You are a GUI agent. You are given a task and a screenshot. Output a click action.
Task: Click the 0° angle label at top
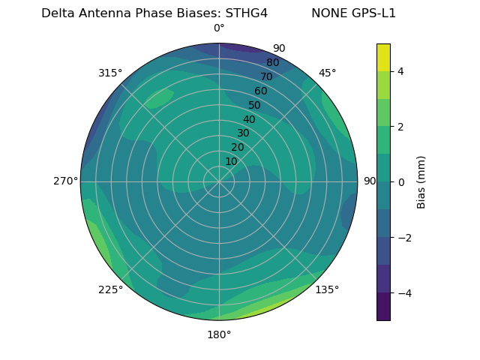point(219,28)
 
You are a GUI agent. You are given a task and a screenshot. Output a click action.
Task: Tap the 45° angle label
point(327,73)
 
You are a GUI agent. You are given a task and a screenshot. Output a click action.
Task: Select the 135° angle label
point(327,289)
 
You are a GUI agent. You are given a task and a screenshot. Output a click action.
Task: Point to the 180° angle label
point(219,334)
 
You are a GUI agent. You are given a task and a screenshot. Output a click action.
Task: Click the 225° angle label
point(110,289)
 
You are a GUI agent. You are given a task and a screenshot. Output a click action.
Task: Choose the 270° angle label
point(65,181)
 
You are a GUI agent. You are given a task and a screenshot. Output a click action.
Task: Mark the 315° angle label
point(110,73)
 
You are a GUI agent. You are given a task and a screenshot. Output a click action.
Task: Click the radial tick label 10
point(231,161)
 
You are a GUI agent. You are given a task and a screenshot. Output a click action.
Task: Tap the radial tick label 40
point(249,119)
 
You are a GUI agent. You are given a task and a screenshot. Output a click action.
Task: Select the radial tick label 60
point(261,91)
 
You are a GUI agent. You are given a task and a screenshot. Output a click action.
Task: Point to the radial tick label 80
point(273,63)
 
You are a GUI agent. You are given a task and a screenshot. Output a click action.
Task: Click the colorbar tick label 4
point(400,71)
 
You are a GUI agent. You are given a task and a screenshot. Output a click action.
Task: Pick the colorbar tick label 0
point(400,181)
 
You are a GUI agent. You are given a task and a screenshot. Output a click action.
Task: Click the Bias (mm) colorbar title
point(421,181)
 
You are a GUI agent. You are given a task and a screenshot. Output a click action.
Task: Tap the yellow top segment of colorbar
point(383,57)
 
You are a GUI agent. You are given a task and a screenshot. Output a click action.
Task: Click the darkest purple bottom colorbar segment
point(383,306)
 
